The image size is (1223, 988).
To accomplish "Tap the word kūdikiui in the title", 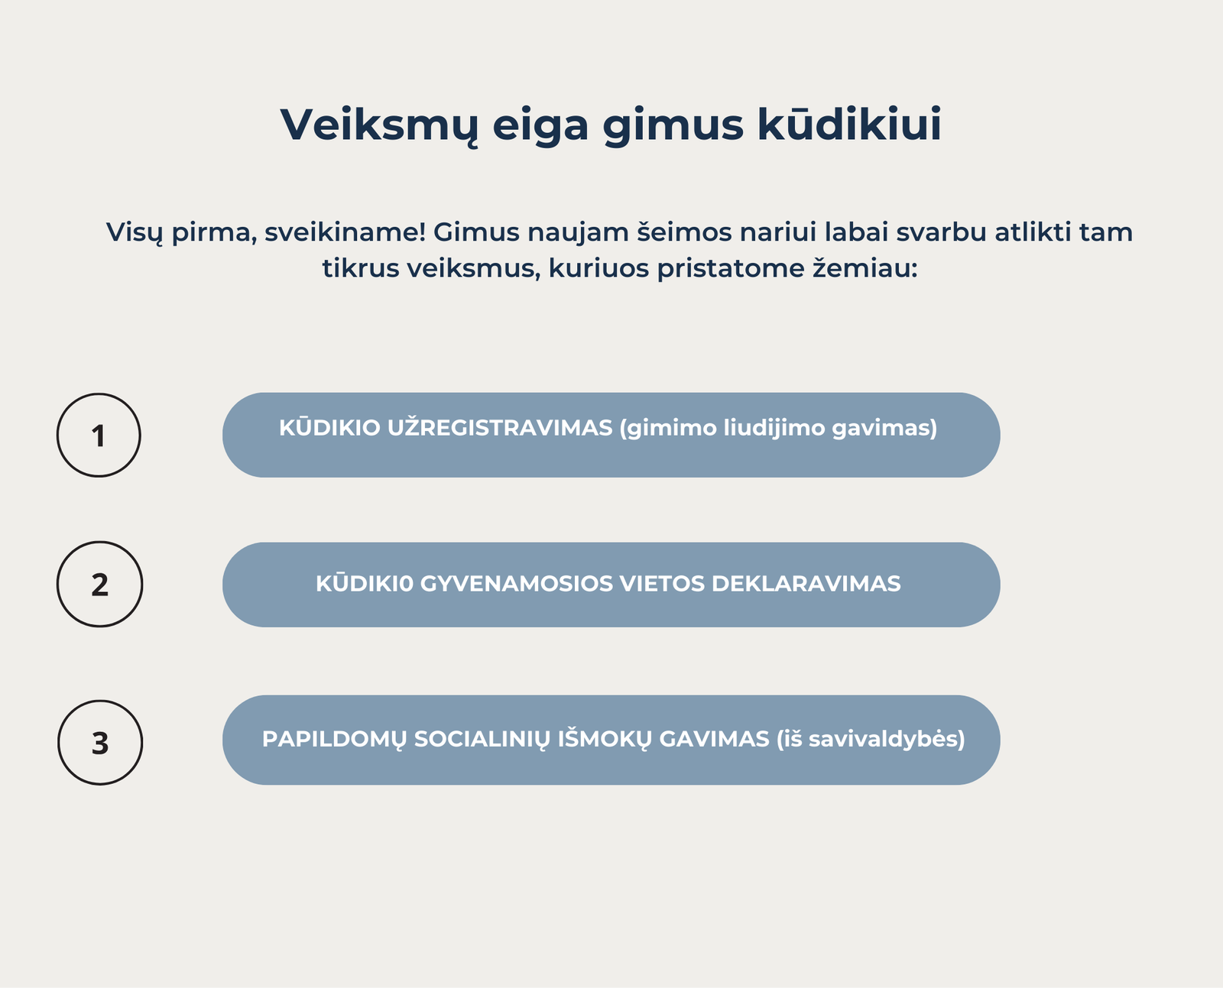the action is point(849,123).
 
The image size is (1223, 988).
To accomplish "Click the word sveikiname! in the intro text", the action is point(345,232).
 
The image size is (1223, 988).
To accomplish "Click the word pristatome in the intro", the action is point(730,269).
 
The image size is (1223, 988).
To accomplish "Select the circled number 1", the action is point(99,435).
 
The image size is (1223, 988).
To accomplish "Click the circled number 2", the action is point(100,585).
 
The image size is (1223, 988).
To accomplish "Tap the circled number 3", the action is point(100,742).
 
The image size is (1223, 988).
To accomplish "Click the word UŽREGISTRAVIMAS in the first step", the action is point(500,428).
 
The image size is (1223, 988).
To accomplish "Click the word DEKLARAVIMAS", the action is point(806,584).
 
